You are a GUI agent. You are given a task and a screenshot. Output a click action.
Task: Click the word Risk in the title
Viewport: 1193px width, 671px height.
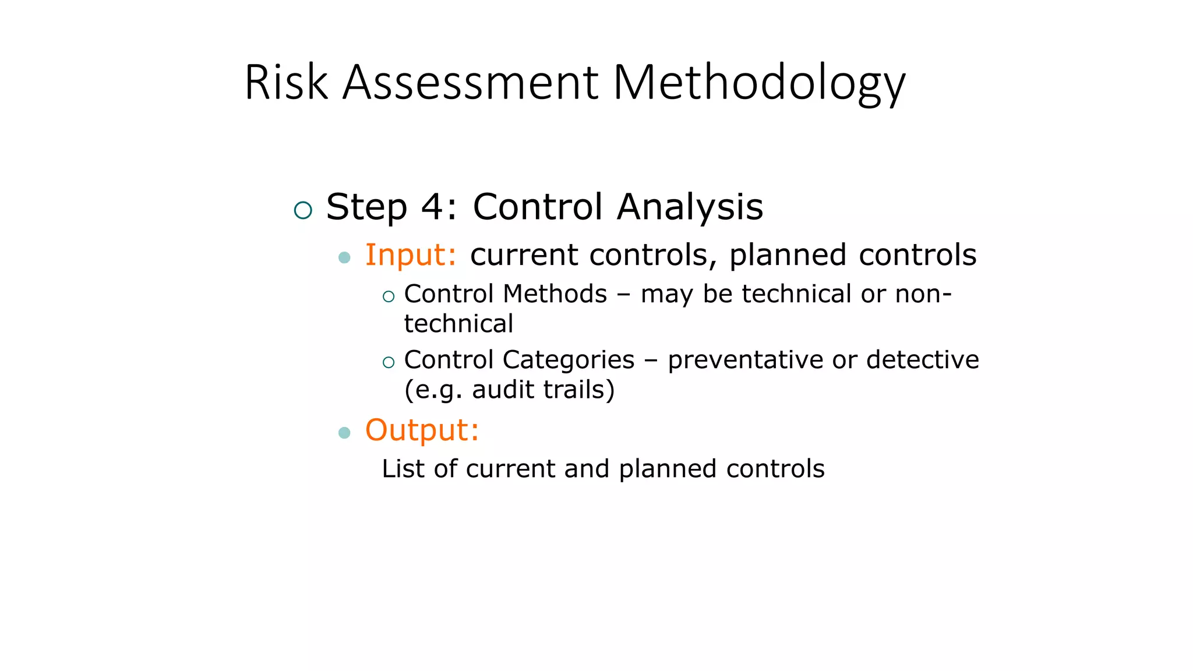click(286, 83)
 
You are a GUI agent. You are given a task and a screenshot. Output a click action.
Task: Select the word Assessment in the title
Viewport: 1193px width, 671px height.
click(470, 83)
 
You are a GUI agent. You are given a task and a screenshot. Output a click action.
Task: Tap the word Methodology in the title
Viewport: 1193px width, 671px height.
click(758, 83)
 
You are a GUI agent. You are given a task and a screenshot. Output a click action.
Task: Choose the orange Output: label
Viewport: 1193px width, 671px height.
click(422, 430)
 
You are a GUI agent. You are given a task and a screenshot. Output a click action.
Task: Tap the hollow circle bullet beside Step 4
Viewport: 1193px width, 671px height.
click(303, 210)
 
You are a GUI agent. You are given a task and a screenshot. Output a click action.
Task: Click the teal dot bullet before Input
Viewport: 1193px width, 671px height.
click(344, 257)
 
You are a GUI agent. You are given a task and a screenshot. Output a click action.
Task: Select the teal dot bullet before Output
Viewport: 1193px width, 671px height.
click(344, 432)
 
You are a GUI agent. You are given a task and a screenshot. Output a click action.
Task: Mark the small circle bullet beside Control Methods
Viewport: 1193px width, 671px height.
click(389, 297)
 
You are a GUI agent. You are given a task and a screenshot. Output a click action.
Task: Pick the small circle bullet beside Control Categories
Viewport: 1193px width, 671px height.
click(389, 363)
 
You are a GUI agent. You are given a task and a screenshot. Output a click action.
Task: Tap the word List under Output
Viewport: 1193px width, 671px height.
click(403, 468)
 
